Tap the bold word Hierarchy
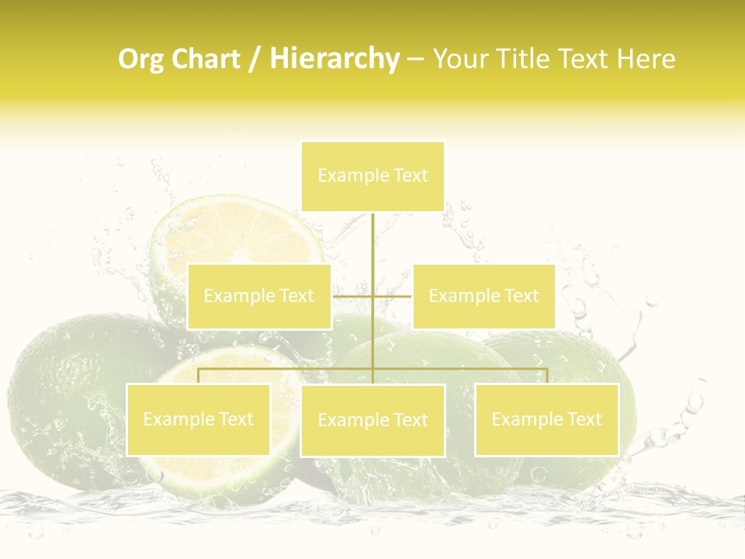click(x=334, y=60)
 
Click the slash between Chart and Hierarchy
click(x=255, y=60)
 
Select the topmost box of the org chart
click(x=372, y=176)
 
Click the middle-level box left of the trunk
click(x=259, y=297)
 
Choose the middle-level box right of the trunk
click(x=483, y=297)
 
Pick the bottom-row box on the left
click(x=199, y=420)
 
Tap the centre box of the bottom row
click(x=372, y=421)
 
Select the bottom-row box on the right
click(x=546, y=420)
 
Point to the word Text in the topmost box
click(x=411, y=176)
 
